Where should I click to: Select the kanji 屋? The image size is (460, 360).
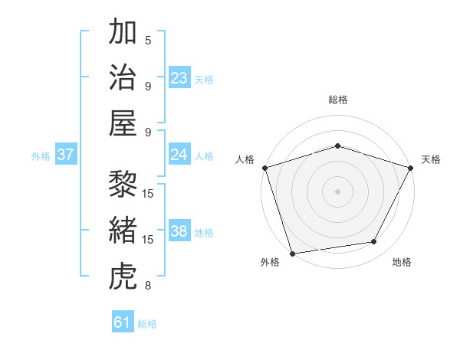(123, 123)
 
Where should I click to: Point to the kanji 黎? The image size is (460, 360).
(123, 184)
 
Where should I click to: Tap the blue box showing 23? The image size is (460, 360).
(179, 78)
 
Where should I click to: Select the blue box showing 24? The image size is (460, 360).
(179, 155)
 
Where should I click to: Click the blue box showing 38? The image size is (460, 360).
(179, 232)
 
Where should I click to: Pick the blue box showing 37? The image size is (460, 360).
(66, 155)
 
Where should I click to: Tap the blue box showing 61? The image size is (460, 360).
(123, 322)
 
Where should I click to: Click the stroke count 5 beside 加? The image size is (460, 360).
(148, 40)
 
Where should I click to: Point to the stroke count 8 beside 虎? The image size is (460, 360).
(148, 286)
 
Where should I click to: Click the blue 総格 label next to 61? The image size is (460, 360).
(147, 324)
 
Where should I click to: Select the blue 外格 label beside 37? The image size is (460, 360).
(41, 156)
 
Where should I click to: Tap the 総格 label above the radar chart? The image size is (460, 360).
(337, 100)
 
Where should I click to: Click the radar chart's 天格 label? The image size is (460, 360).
(431, 159)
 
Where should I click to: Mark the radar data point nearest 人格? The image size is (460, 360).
(265, 167)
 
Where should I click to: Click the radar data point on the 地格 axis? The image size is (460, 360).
(374, 242)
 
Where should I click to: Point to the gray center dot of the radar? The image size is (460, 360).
(337, 191)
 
